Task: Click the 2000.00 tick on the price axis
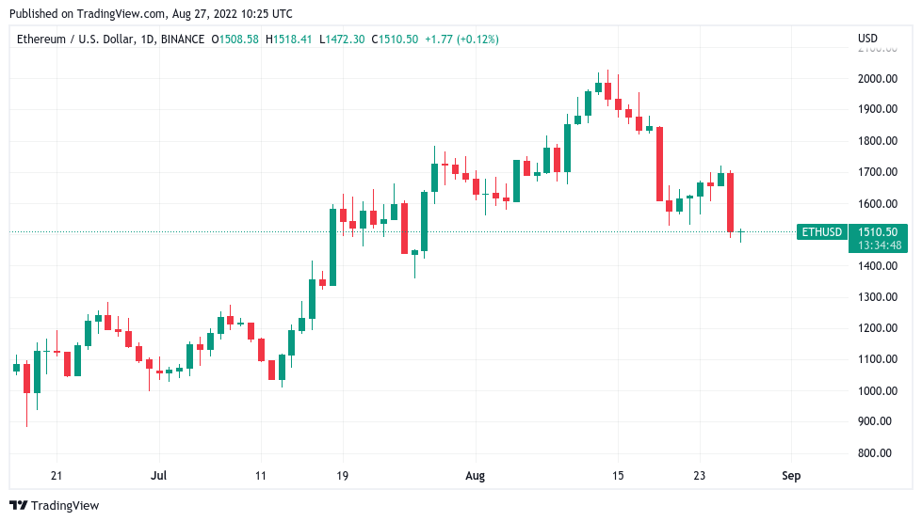[x=877, y=78]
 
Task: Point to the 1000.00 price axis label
[x=877, y=390]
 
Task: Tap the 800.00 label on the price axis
[x=877, y=452]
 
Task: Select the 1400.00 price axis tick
[x=877, y=265]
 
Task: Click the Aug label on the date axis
[x=475, y=476]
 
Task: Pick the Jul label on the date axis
[x=158, y=476]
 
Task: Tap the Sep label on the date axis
[x=791, y=476]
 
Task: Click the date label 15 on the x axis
[x=618, y=476]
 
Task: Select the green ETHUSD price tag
[x=820, y=231]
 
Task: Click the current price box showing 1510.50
[x=878, y=231]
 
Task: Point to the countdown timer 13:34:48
[x=878, y=245]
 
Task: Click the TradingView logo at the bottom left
[x=54, y=505]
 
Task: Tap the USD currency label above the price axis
[x=867, y=39]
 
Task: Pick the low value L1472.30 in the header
[x=342, y=39]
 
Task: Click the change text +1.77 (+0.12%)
[x=461, y=39]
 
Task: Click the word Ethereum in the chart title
[x=43, y=39]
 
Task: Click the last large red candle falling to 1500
[x=730, y=201]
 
